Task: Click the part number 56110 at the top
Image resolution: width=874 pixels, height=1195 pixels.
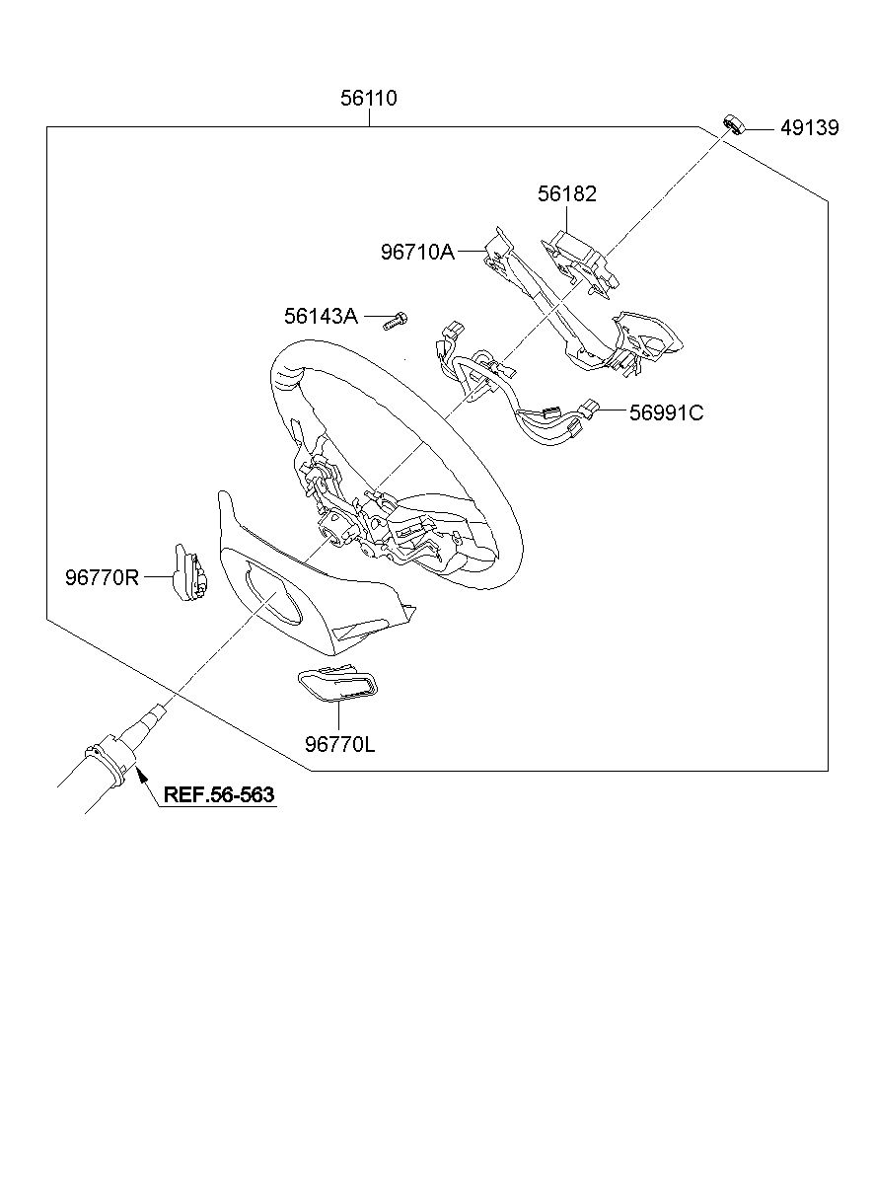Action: (369, 99)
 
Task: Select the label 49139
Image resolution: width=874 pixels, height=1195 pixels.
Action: (809, 128)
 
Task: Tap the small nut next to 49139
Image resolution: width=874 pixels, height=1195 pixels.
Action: (734, 123)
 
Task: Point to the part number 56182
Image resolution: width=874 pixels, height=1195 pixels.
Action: (567, 194)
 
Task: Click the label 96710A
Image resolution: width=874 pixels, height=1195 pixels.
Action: (417, 252)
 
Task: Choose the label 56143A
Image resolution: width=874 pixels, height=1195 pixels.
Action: (321, 317)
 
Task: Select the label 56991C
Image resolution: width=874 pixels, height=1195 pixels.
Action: (666, 412)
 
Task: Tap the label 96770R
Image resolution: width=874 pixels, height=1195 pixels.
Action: (103, 578)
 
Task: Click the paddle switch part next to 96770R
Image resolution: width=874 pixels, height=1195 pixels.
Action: (185, 571)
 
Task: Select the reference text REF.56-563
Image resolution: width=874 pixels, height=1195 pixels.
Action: (218, 794)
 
